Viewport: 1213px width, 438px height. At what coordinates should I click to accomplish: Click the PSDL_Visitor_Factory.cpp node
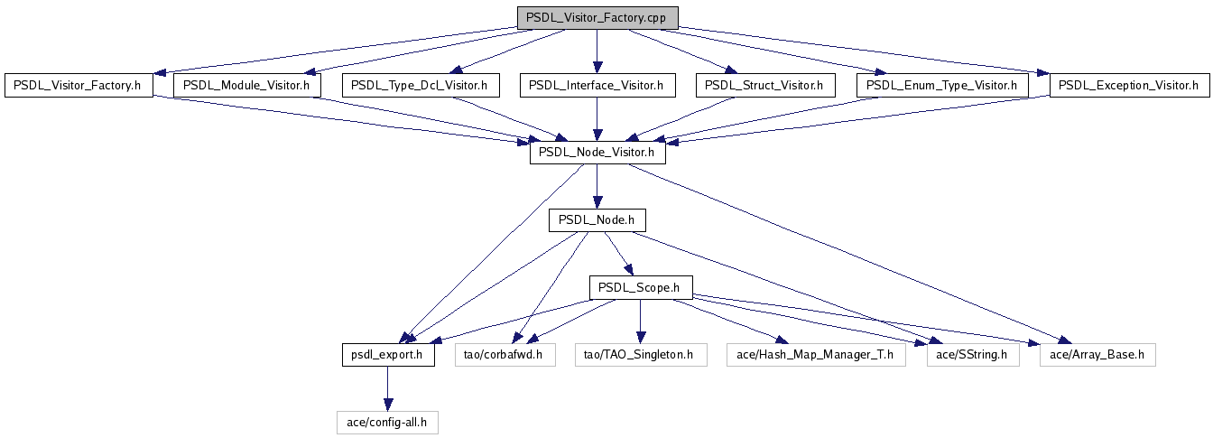tap(597, 18)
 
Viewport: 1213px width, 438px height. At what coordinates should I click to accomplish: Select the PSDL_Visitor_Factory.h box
tap(79, 86)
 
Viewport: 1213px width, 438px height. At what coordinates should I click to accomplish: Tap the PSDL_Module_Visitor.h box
tap(246, 86)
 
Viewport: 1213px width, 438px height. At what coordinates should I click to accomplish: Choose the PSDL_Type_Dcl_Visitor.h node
tap(420, 86)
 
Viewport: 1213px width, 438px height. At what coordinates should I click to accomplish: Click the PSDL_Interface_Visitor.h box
tap(597, 86)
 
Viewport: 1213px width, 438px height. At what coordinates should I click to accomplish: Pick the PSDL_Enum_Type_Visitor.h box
tap(941, 86)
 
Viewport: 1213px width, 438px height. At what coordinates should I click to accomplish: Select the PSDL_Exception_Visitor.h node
tap(1128, 86)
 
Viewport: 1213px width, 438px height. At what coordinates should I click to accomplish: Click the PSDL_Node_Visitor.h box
tap(597, 154)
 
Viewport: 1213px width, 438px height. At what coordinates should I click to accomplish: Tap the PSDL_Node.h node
tap(597, 220)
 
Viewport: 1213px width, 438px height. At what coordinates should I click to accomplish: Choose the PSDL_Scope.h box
tap(641, 288)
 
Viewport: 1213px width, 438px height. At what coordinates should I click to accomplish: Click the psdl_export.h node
tap(388, 355)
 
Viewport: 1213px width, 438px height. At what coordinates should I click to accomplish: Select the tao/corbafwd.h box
tap(504, 355)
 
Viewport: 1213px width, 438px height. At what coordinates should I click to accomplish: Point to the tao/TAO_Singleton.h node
tap(640, 355)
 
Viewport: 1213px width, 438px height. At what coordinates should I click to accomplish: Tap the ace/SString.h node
tap(973, 355)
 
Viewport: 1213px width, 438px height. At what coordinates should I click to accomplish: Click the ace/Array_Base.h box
tap(1097, 355)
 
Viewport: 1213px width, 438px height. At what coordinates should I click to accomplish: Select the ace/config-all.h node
tap(388, 422)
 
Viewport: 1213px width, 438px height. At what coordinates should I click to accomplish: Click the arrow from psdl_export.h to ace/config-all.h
tap(388, 388)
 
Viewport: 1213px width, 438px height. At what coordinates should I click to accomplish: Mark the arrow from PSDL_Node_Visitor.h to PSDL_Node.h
tap(597, 187)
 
